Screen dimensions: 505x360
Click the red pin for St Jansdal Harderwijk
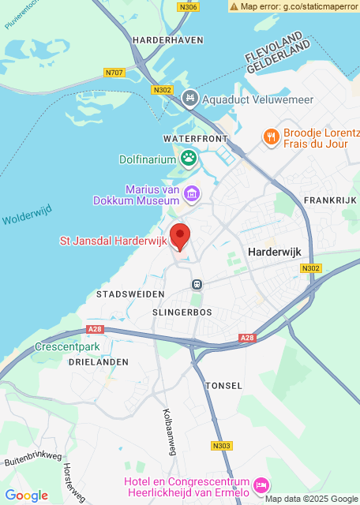click(x=181, y=236)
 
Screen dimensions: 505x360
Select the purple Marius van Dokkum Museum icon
click(x=191, y=193)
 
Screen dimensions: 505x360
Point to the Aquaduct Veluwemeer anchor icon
click(x=189, y=99)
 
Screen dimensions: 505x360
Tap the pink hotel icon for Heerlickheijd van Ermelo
click(x=262, y=483)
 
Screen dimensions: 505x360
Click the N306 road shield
click(x=189, y=7)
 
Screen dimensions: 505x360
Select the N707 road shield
click(x=114, y=73)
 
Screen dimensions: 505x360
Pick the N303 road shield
click(x=222, y=446)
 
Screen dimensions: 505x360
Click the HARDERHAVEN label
click(x=168, y=39)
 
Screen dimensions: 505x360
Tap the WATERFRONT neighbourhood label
click(x=189, y=138)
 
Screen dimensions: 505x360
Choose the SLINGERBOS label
click(x=177, y=312)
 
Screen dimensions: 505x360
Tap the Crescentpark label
click(x=66, y=346)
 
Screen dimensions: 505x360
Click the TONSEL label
click(x=218, y=386)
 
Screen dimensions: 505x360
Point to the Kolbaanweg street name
click(x=170, y=432)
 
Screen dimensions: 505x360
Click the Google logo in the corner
click(x=26, y=495)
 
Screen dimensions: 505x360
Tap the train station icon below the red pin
click(x=197, y=284)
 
